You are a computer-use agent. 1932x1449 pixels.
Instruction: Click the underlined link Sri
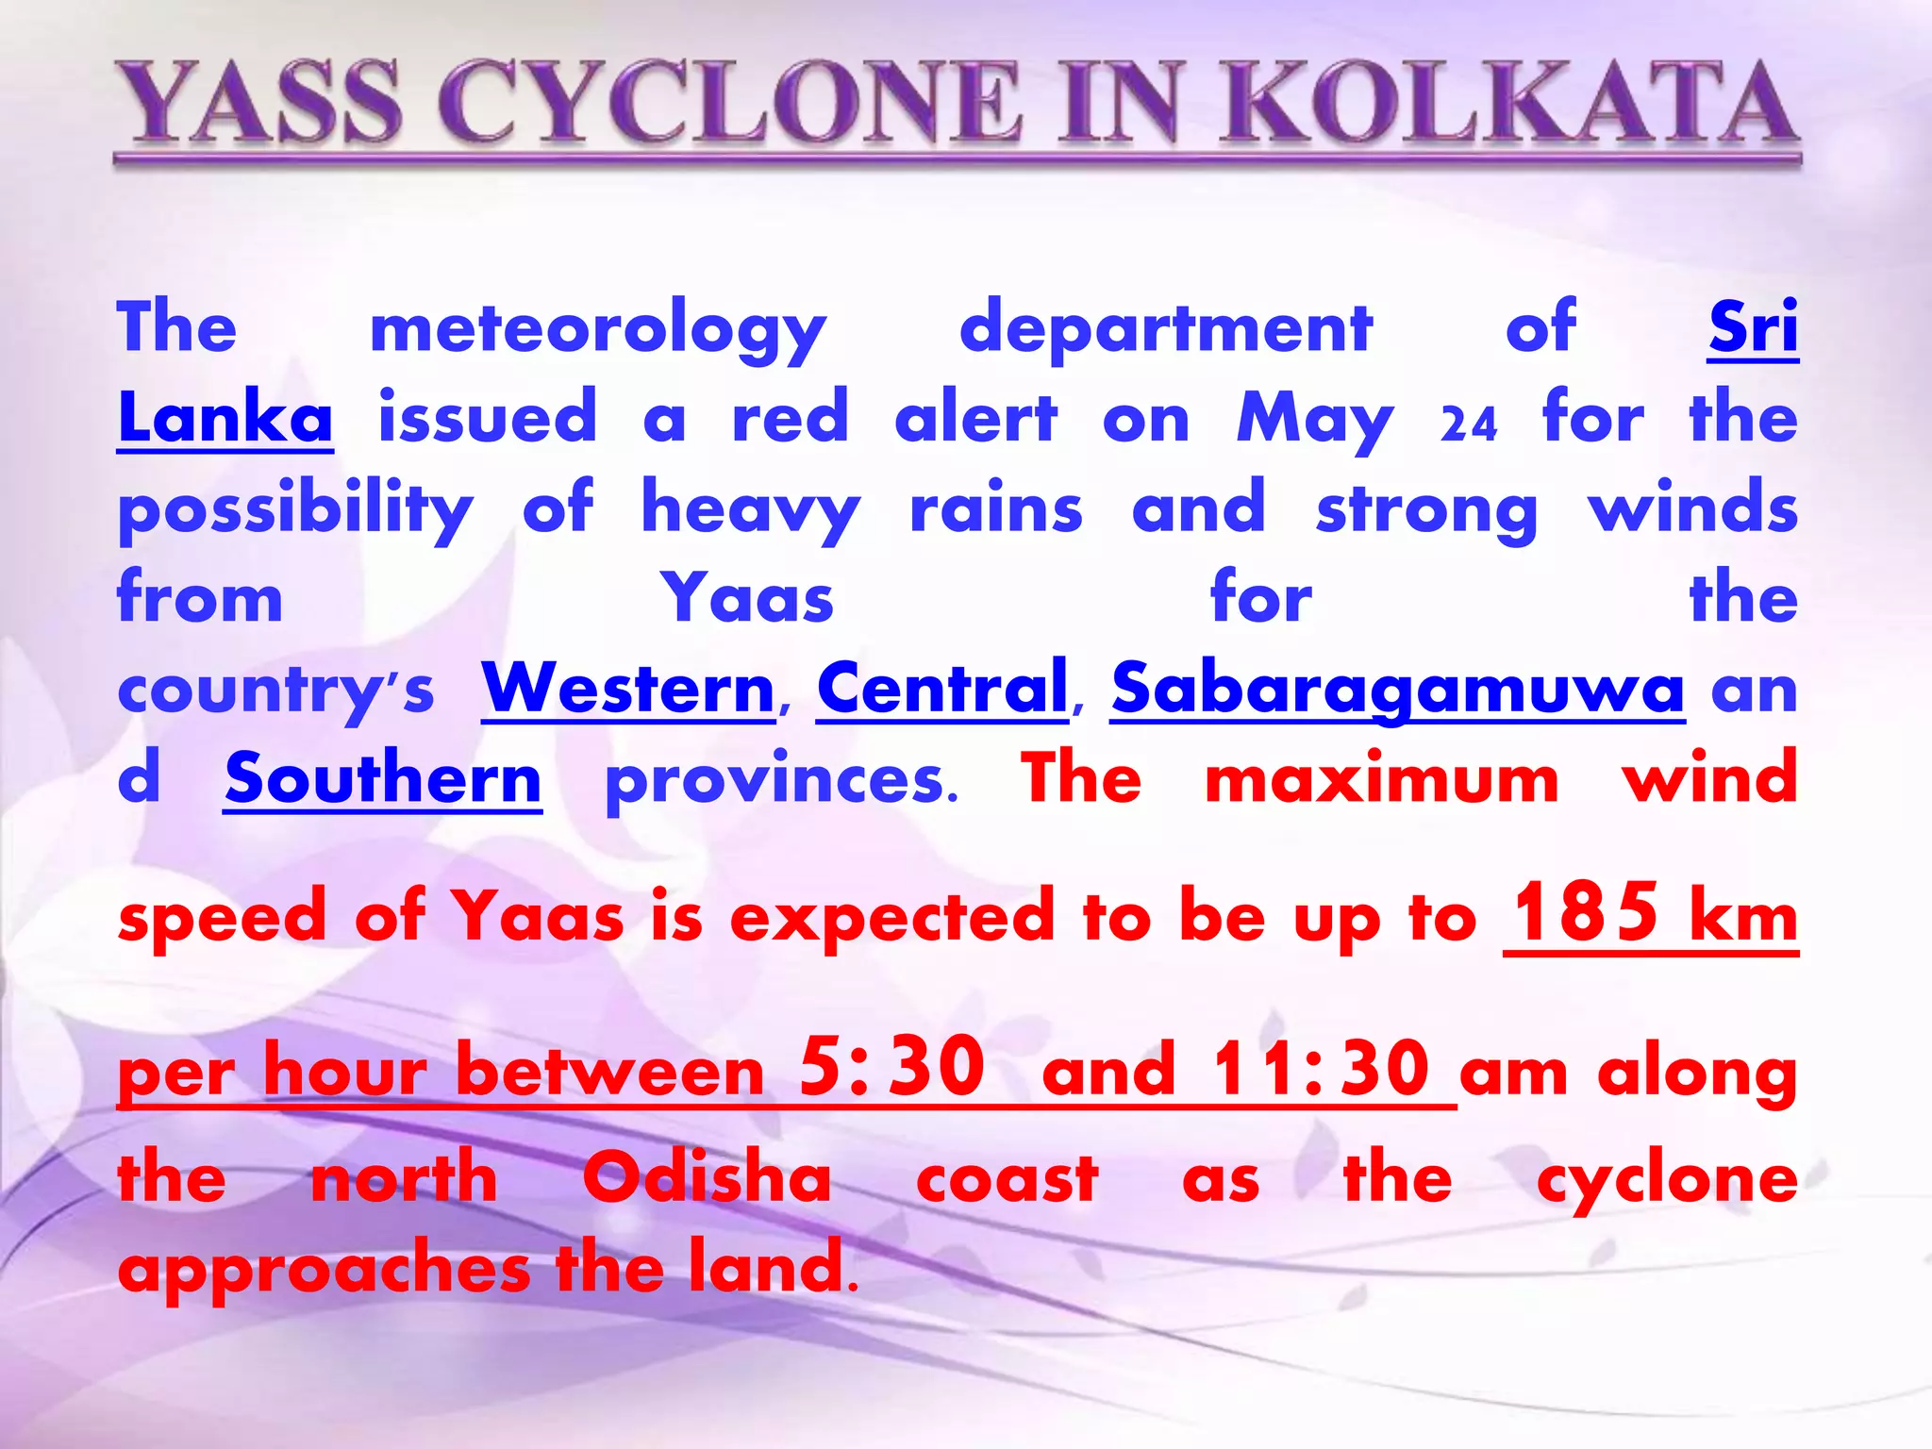1753,328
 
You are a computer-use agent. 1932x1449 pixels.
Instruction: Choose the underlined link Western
628,689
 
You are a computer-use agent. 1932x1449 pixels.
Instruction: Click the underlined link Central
942,689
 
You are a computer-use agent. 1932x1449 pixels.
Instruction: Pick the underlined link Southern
383,779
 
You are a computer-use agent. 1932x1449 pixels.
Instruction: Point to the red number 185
1586,912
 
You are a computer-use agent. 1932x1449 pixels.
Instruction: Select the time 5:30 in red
891,1067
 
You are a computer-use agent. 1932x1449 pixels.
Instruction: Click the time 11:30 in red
1320,1069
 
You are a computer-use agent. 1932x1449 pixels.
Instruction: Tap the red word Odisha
707,1179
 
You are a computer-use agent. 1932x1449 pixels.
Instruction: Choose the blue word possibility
295,510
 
